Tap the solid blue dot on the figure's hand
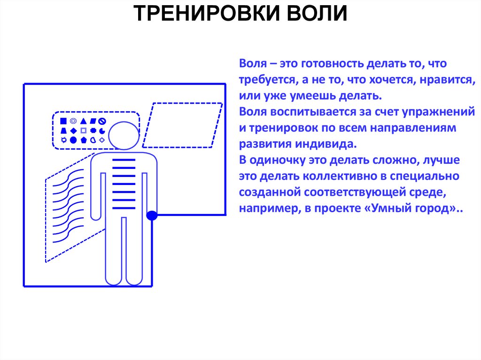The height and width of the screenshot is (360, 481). coord(152,216)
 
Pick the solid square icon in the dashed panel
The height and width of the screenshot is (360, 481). coord(63,121)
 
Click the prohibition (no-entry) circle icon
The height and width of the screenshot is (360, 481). coord(101,121)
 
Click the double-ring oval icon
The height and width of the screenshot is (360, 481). coord(73,121)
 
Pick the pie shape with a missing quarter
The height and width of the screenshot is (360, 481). coord(102,130)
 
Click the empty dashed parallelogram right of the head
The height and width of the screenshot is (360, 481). coord(182,124)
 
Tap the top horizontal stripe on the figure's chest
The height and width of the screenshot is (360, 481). coord(124,161)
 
